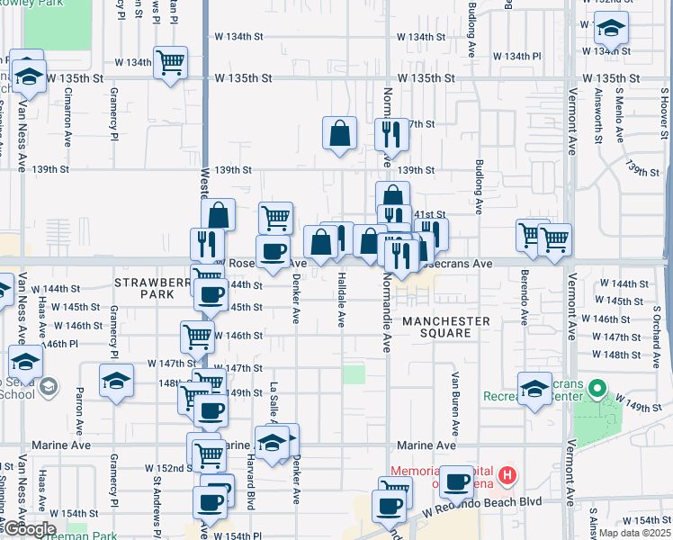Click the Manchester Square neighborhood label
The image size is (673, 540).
coord(446,327)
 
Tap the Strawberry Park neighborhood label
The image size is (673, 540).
coord(143,288)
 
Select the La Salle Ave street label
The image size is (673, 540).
coord(273,395)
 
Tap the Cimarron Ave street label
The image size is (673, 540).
coord(67,122)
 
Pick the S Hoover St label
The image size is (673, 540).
coord(664,113)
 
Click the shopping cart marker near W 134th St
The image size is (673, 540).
coord(170,63)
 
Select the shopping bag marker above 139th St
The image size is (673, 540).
coord(340,133)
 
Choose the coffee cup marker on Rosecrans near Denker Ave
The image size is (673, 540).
coord(274,251)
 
